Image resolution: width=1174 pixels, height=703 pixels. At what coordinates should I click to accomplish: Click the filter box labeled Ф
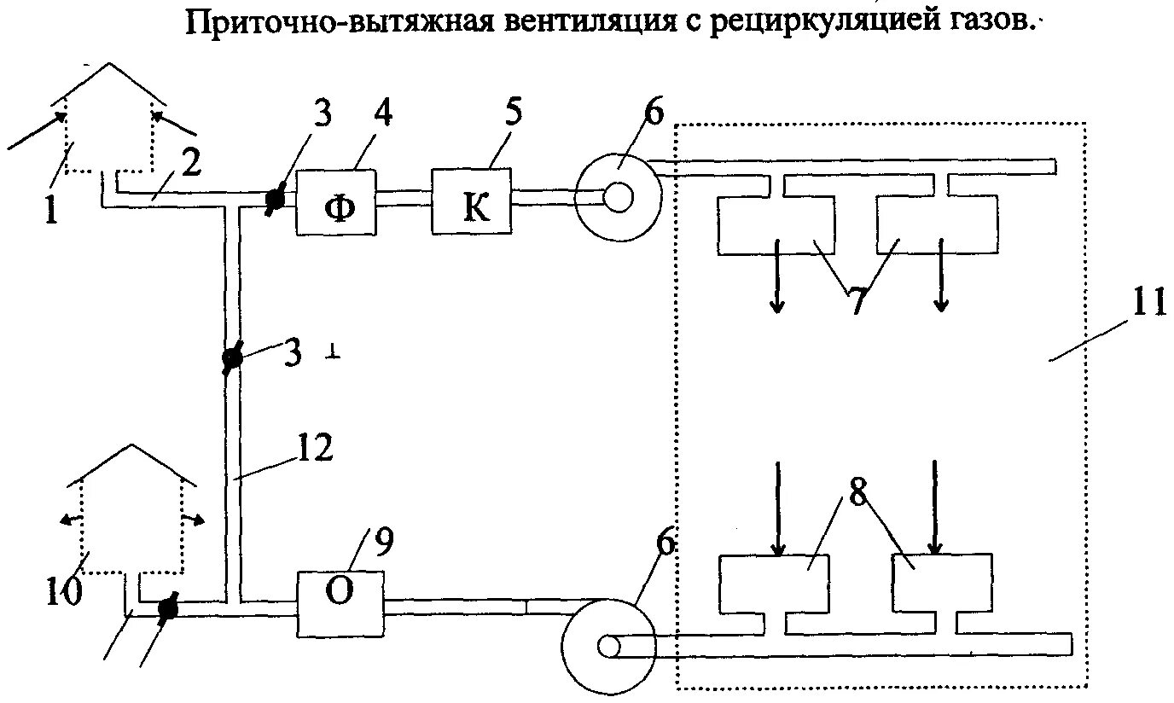tap(336, 201)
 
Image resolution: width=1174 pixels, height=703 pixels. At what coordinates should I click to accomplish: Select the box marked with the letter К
tap(471, 201)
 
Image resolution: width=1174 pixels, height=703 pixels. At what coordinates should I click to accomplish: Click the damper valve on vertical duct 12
tap(231, 358)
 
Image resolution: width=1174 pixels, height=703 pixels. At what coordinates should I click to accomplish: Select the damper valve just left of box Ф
tap(274, 200)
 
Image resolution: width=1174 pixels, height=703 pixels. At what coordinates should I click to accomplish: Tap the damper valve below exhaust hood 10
tap(166, 607)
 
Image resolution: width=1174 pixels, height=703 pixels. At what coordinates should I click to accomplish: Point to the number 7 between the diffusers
tap(857, 301)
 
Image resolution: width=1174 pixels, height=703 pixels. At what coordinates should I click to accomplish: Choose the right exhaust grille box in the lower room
tap(941, 582)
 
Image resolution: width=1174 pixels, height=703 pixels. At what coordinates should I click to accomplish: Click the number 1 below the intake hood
tap(51, 208)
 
